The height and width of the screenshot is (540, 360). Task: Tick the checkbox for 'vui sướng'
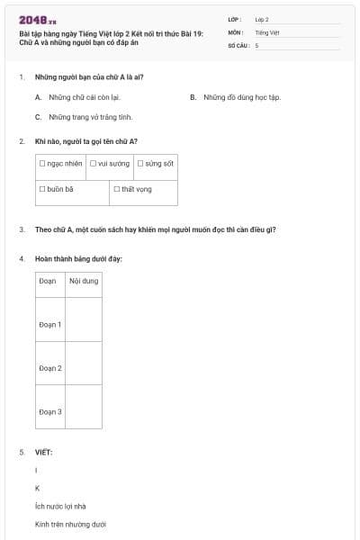[x=93, y=164]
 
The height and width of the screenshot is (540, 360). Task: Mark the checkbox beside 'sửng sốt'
[x=140, y=164]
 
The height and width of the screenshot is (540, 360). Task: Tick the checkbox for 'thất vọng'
[x=117, y=189]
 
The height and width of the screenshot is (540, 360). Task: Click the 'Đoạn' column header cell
[x=49, y=282]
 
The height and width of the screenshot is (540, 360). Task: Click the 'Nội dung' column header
[x=83, y=282]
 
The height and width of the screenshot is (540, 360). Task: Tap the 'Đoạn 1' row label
[x=50, y=324]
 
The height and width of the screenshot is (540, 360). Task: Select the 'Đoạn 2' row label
[x=50, y=367]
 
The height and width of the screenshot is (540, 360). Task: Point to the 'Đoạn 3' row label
[x=50, y=411]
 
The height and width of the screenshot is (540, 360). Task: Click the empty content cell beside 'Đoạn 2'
[x=83, y=367]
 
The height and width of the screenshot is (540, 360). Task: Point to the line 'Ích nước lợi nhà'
[x=60, y=506]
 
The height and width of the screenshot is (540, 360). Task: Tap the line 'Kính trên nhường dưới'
[x=70, y=524]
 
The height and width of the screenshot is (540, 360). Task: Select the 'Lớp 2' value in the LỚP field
[x=262, y=19]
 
